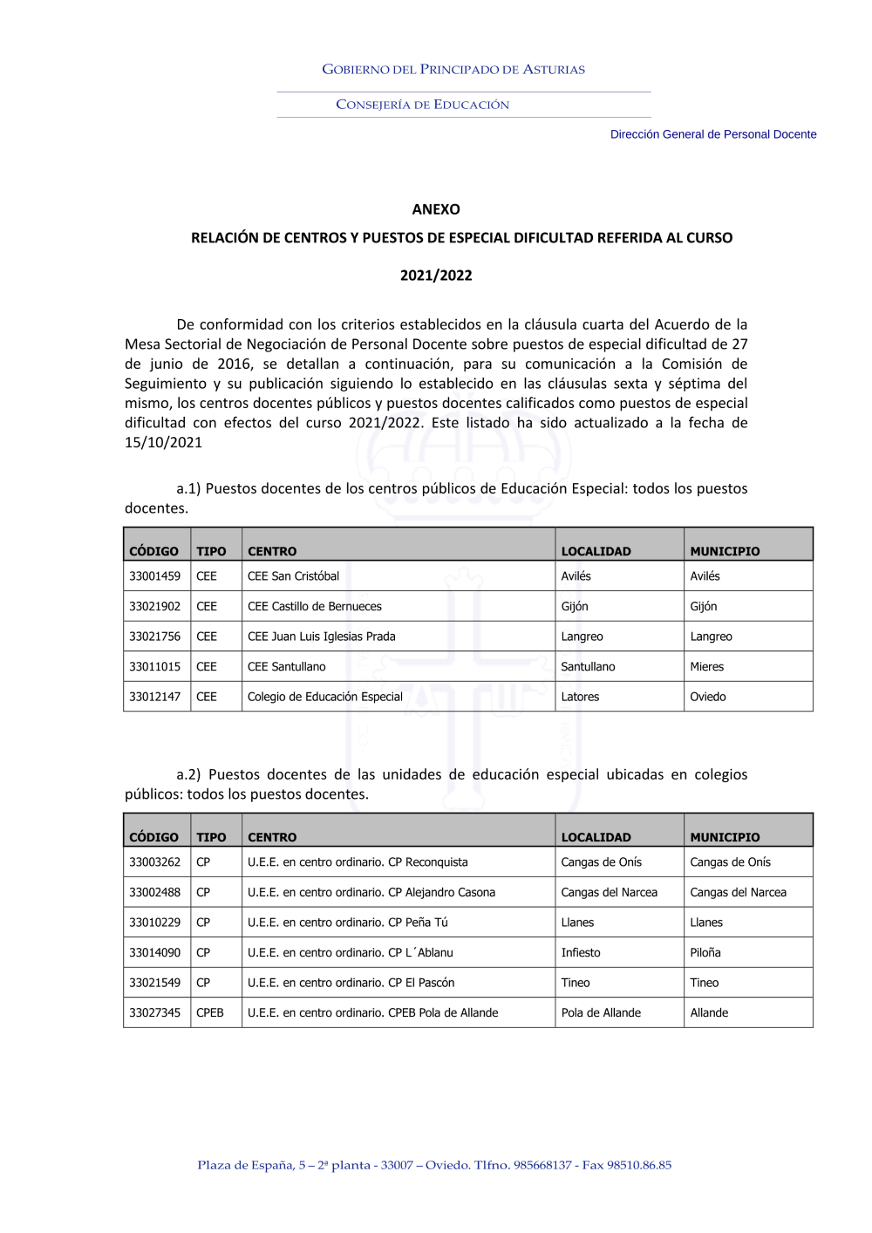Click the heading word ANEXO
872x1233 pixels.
(x=436, y=209)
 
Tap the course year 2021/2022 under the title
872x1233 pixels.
(x=436, y=276)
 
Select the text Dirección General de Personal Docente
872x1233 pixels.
(x=713, y=134)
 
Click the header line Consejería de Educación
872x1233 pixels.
(x=423, y=105)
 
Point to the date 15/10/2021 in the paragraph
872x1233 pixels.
(x=164, y=442)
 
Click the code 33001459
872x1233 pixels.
(x=155, y=576)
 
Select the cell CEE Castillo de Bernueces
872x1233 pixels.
(x=315, y=607)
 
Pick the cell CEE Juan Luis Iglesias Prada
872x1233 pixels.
(x=322, y=637)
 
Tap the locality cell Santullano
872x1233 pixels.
(x=589, y=667)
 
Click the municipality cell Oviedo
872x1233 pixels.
(x=708, y=697)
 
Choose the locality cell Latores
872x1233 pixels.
(x=581, y=697)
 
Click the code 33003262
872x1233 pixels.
(x=155, y=862)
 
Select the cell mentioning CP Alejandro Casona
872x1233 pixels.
(x=371, y=893)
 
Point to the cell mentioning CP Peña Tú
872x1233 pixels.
(x=348, y=923)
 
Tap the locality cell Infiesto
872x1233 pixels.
(x=581, y=953)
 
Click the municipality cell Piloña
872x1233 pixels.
(x=705, y=953)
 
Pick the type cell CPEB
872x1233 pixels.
(x=210, y=1013)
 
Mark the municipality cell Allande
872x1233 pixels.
(x=709, y=1013)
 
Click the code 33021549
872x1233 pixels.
(x=155, y=983)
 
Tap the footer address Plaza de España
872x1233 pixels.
(x=434, y=1165)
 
